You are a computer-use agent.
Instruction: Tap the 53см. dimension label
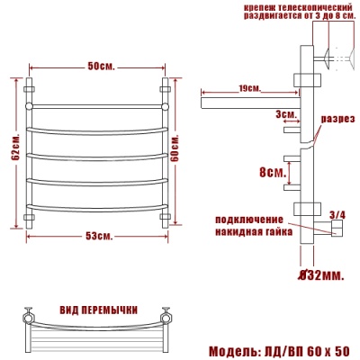[99, 236]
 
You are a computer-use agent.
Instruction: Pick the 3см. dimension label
[287, 115]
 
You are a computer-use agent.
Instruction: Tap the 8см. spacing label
[268, 169]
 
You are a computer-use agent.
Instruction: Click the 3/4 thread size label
[337, 213]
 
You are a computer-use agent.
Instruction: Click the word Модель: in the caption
[236, 349]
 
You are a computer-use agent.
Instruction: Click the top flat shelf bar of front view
[99, 105]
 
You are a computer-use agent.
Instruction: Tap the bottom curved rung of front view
[99, 209]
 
